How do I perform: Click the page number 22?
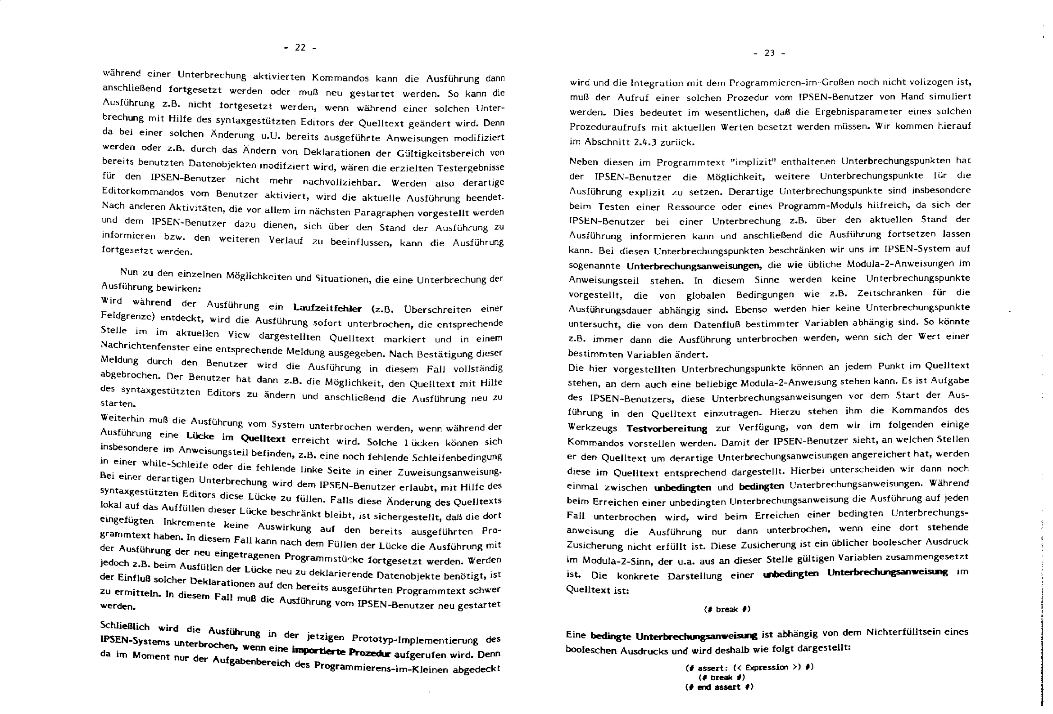[x=300, y=48]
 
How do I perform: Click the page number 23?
[x=769, y=54]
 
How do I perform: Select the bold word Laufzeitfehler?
[x=327, y=308]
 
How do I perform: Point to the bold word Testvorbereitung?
[x=667, y=428]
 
